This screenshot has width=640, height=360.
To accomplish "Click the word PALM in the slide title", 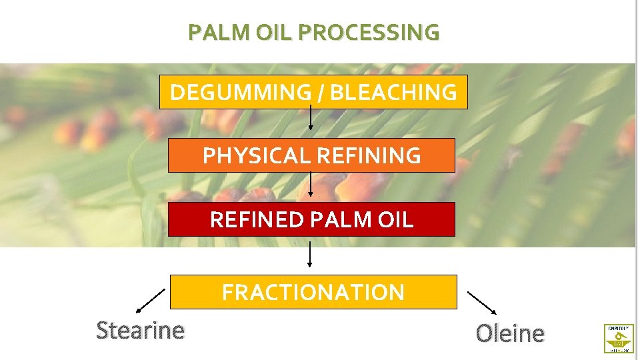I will click(212, 32).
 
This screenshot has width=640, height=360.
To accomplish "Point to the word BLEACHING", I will click(393, 92).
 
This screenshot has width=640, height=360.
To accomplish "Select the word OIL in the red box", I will click(393, 219).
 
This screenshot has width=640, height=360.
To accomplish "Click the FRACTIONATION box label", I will click(313, 292).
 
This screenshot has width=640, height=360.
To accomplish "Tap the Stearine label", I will click(141, 330).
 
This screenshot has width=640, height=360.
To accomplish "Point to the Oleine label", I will click(510, 333).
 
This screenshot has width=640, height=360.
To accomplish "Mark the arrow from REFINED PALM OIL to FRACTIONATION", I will click(310, 254).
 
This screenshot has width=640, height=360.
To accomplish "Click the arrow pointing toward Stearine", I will click(151, 301).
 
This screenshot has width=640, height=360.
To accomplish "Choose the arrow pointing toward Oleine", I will click(481, 302).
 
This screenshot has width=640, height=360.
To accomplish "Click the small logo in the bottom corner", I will click(619, 338).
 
